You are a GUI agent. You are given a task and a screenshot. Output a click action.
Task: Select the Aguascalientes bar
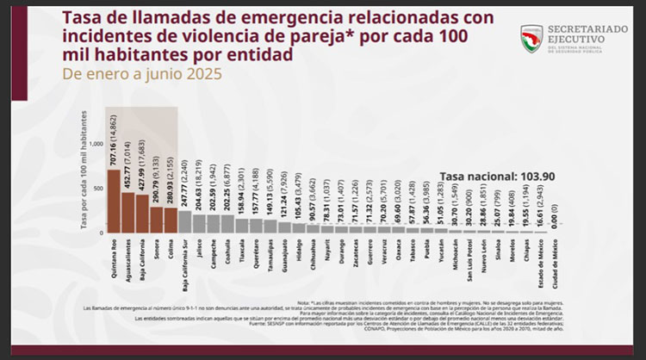[127, 212]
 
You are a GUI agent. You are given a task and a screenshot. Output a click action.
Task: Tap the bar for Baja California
[142, 214]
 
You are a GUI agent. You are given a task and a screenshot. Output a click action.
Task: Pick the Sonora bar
[156, 220]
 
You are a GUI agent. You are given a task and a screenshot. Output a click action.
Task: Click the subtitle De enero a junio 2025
[142, 74]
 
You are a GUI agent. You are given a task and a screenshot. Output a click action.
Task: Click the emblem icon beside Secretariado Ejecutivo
[531, 37]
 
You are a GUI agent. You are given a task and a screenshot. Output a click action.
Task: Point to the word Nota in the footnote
[302, 303]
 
